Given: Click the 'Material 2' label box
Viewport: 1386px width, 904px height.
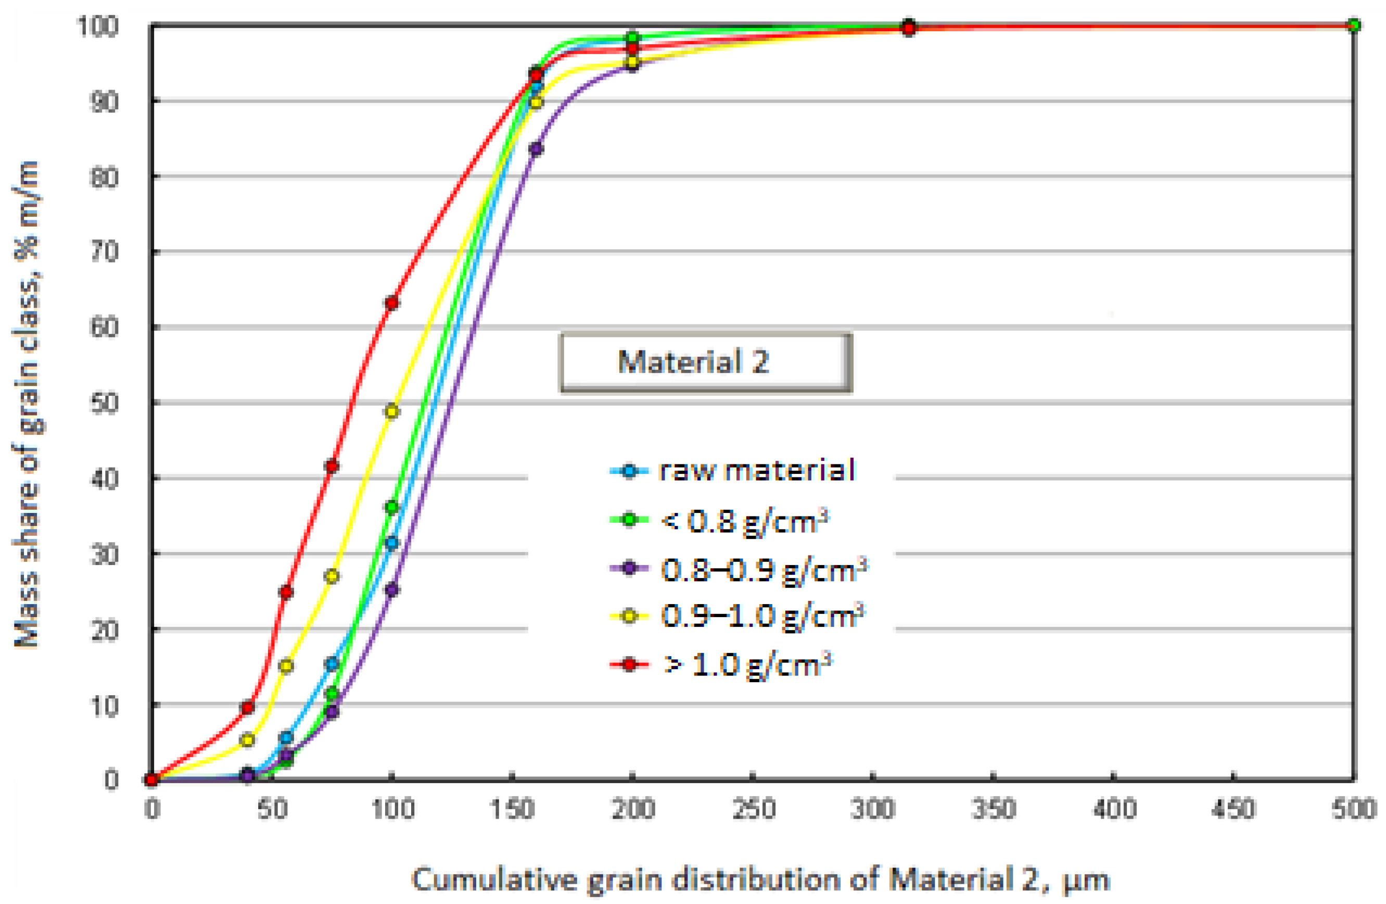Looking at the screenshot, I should pos(705,362).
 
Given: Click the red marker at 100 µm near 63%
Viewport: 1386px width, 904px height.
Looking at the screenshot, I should pos(392,303).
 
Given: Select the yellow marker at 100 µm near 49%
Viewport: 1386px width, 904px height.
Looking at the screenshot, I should pos(392,411).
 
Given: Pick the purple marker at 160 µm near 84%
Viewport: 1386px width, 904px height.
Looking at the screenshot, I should pos(536,148).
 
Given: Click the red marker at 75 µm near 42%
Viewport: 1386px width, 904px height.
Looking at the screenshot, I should pos(332,466).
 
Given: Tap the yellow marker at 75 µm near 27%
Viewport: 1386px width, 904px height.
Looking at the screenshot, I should pos(332,576).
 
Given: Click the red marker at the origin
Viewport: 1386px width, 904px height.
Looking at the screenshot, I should pos(151,780).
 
